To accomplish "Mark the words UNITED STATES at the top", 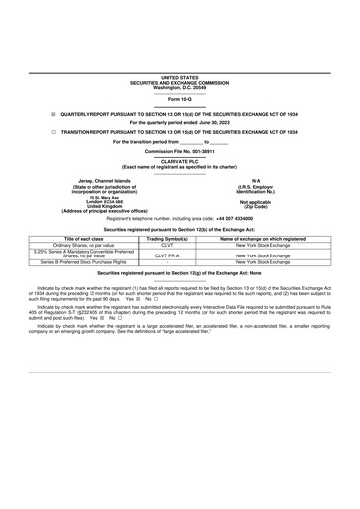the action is coord(180,77).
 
